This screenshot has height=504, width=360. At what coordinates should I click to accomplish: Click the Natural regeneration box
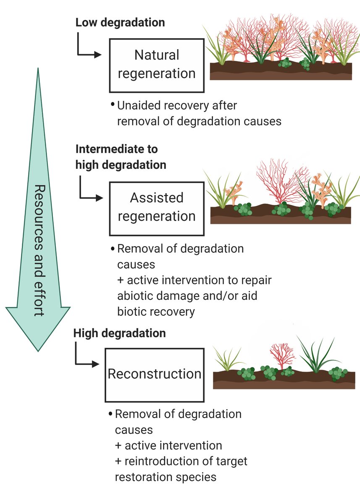point(157,65)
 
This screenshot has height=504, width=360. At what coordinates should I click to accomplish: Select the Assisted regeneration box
point(157,207)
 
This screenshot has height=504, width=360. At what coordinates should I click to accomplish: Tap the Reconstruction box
point(154,374)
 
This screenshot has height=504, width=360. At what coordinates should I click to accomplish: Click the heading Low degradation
point(120,22)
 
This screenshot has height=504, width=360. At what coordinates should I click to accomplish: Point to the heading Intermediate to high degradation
point(121,157)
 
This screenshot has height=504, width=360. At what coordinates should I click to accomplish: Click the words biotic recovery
point(156,312)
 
